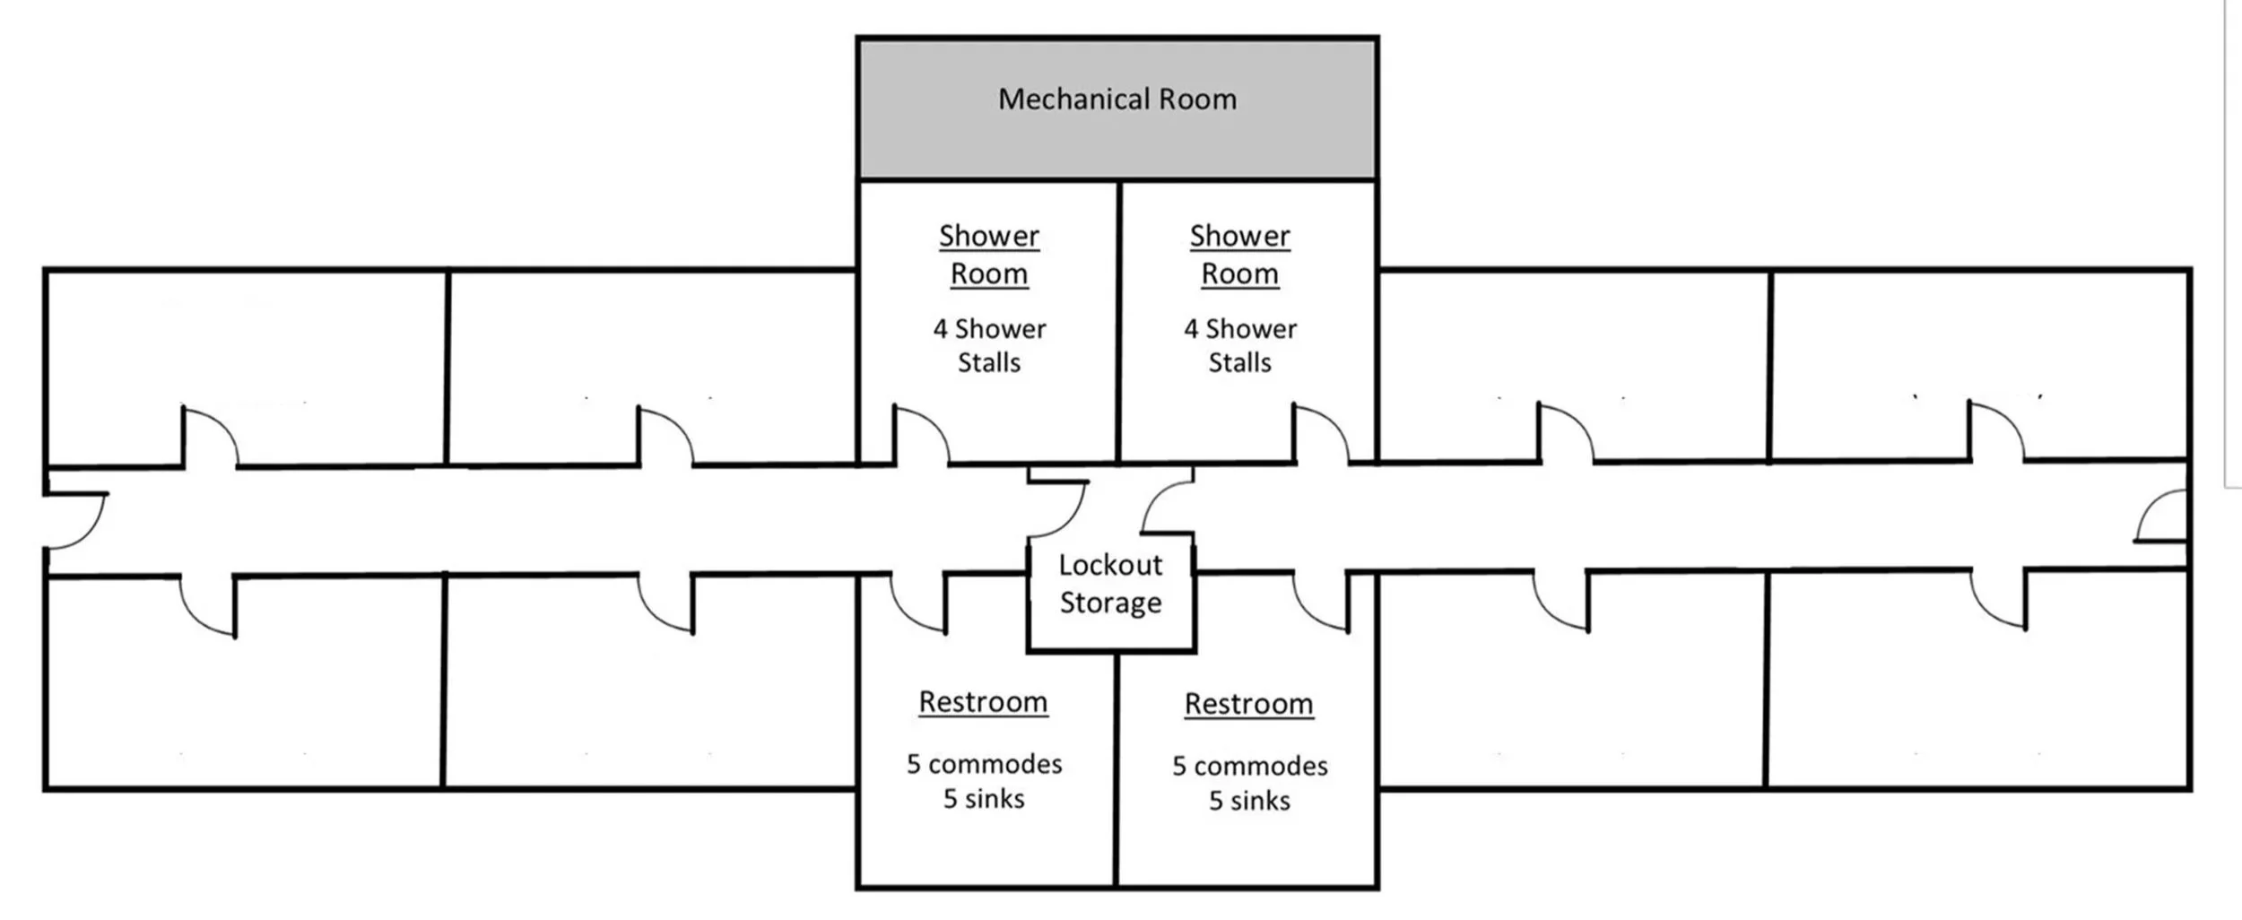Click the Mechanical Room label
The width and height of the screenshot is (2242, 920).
1117,99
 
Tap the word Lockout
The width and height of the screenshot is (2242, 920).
1110,565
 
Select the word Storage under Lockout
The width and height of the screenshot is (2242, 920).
1110,603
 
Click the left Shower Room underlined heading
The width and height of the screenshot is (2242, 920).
989,255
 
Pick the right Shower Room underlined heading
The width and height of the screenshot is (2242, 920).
1239,255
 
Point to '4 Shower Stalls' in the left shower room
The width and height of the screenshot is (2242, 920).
989,345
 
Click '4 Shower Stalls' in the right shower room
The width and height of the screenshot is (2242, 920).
1239,345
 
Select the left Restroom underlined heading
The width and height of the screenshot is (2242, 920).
983,701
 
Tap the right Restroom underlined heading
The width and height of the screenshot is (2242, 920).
1248,704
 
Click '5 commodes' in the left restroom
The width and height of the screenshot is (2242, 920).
984,764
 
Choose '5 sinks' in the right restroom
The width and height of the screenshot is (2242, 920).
1249,801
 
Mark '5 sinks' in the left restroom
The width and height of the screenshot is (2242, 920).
984,799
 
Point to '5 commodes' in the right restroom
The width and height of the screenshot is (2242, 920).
1249,766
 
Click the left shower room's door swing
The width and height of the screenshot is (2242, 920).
920,437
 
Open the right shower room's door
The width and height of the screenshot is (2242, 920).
1319,436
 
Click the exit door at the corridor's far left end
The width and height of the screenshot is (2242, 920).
76,520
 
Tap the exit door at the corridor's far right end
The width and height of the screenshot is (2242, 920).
2161,517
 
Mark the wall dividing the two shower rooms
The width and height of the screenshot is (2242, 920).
1119,323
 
